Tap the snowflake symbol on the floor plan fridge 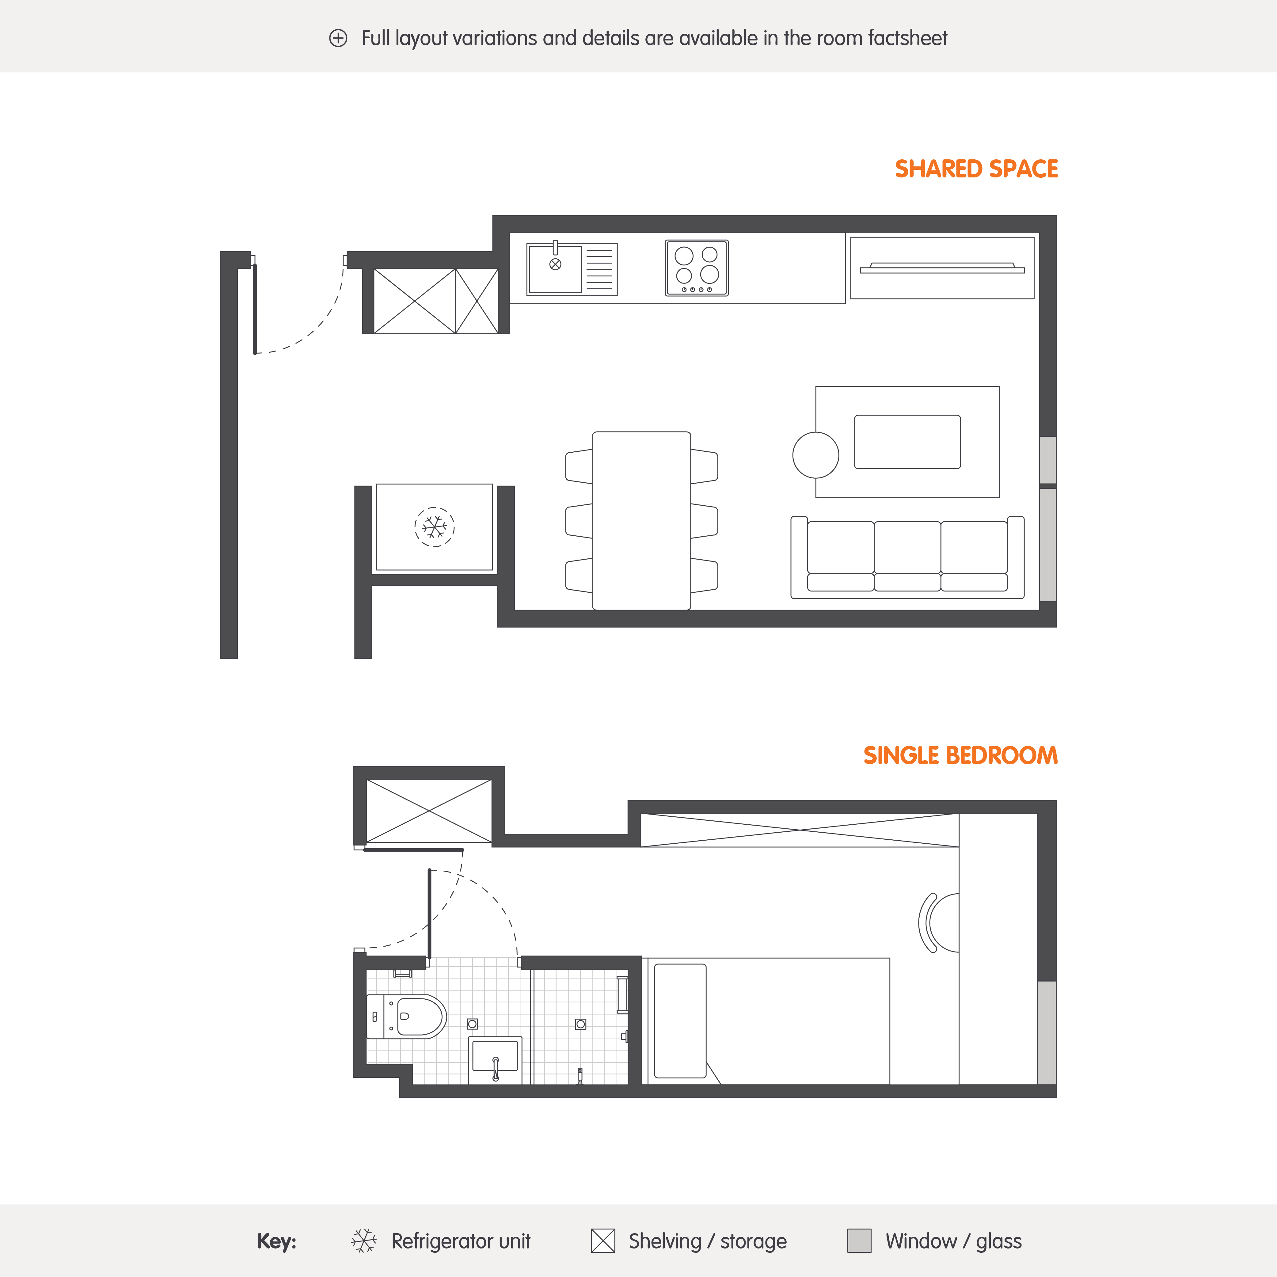tap(434, 527)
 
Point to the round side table tap(816, 455)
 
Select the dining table tap(641, 520)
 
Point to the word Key tap(276, 1241)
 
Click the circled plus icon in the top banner tap(338, 38)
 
